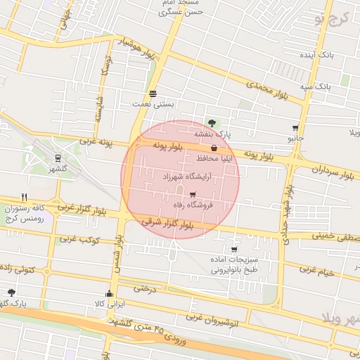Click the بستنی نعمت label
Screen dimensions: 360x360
tap(153, 104)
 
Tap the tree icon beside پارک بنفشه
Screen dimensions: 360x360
tap(212, 123)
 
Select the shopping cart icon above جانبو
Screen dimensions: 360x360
tap(295, 129)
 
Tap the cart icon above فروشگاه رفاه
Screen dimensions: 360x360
tap(193, 195)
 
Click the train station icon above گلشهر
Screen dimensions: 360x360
tap(57, 158)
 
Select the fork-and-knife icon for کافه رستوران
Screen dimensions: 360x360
tap(25, 197)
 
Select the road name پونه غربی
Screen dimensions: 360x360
tap(96, 142)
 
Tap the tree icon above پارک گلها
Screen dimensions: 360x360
tap(11, 292)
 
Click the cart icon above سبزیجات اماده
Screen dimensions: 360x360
tap(233, 250)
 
